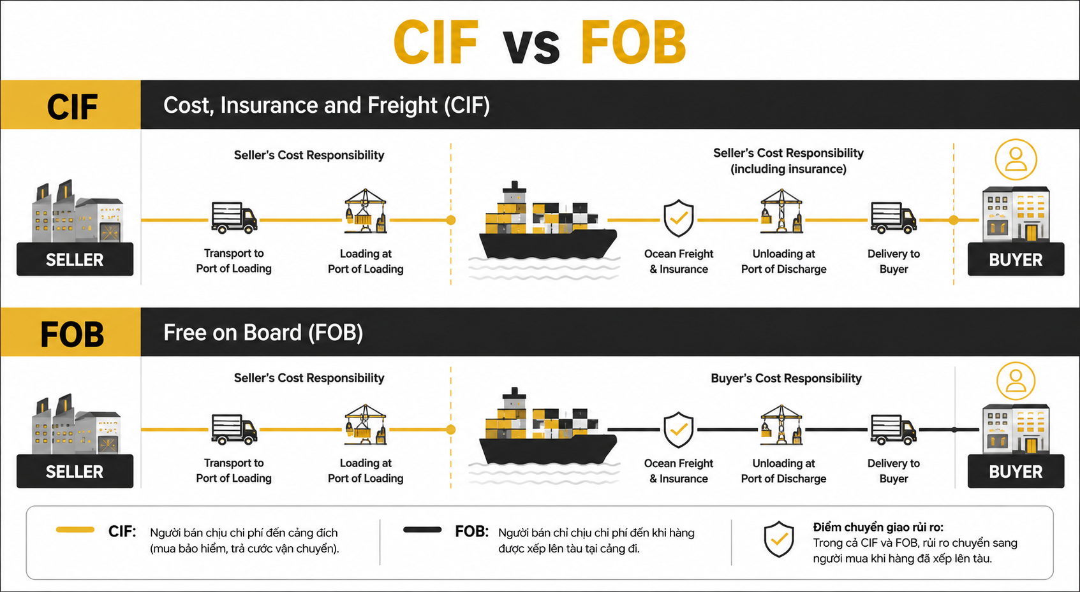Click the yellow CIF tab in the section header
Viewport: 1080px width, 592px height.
point(70,105)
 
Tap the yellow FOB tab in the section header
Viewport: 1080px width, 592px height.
point(70,332)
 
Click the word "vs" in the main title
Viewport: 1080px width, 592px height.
point(531,47)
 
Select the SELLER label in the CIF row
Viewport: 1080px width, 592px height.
point(75,259)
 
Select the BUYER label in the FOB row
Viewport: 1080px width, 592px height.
point(1016,472)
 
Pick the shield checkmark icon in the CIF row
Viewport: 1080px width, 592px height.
point(678,218)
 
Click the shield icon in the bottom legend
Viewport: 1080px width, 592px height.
point(779,539)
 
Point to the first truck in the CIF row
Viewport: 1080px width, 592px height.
point(234,218)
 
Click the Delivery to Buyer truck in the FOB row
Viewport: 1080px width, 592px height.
point(894,430)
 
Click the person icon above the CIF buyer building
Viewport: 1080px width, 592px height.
point(1016,159)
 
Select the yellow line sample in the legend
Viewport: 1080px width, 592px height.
point(75,530)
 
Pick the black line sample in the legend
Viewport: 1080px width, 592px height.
point(422,530)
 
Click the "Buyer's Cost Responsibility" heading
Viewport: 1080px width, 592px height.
point(786,378)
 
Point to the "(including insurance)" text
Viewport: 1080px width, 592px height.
point(788,169)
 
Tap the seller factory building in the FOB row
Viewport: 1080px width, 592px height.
point(75,424)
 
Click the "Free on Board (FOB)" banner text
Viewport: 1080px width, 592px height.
point(263,333)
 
